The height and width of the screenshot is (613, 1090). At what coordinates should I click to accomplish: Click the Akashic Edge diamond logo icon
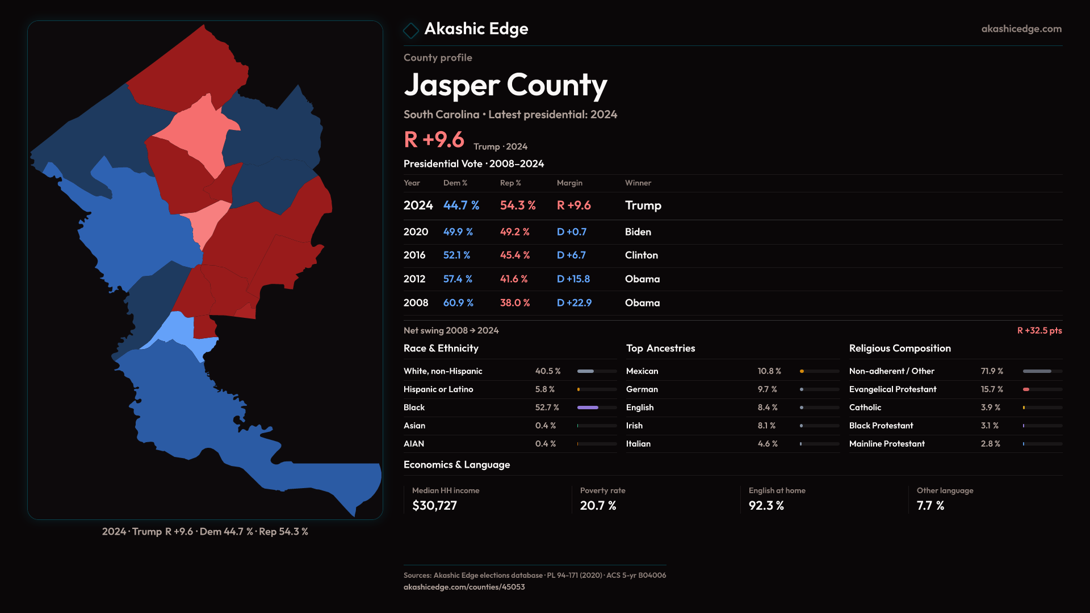pyautogui.click(x=410, y=30)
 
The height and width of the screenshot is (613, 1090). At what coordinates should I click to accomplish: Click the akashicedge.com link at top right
pyautogui.click(x=1021, y=29)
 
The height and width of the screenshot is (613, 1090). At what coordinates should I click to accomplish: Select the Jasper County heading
pyautogui.click(x=505, y=85)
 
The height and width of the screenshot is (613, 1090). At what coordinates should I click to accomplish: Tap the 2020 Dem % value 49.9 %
pyautogui.click(x=458, y=232)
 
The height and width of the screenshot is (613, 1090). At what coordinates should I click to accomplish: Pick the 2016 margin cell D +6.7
pyautogui.click(x=571, y=255)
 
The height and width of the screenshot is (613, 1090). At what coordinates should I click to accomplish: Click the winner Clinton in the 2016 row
pyautogui.click(x=642, y=255)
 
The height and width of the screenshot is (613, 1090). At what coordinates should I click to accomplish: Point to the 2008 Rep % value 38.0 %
pyautogui.click(x=515, y=303)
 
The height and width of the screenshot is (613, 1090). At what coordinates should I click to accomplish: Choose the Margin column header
pyautogui.click(x=569, y=183)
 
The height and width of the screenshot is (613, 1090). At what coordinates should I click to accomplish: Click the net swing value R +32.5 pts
pyautogui.click(x=1039, y=331)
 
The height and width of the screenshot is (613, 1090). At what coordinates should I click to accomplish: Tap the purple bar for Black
pyautogui.click(x=588, y=408)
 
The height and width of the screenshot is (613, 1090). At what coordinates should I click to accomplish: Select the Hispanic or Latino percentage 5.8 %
pyautogui.click(x=544, y=389)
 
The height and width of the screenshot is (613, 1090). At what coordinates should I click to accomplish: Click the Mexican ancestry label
pyautogui.click(x=642, y=371)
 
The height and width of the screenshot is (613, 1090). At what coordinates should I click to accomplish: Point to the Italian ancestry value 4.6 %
pyautogui.click(x=768, y=444)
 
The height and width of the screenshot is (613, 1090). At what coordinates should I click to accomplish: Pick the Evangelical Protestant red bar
pyautogui.click(x=1026, y=389)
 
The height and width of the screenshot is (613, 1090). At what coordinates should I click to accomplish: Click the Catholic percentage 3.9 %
pyautogui.click(x=991, y=408)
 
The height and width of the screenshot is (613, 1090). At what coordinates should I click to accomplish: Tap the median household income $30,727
pyautogui.click(x=434, y=506)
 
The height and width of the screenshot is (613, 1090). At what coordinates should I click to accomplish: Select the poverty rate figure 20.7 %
pyautogui.click(x=598, y=506)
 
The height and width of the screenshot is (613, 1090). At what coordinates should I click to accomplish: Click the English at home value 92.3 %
pyautogui.click(x=766, y=506)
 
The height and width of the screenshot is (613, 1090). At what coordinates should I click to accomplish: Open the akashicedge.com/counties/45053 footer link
pyautogui.click(x=464, y=587)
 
